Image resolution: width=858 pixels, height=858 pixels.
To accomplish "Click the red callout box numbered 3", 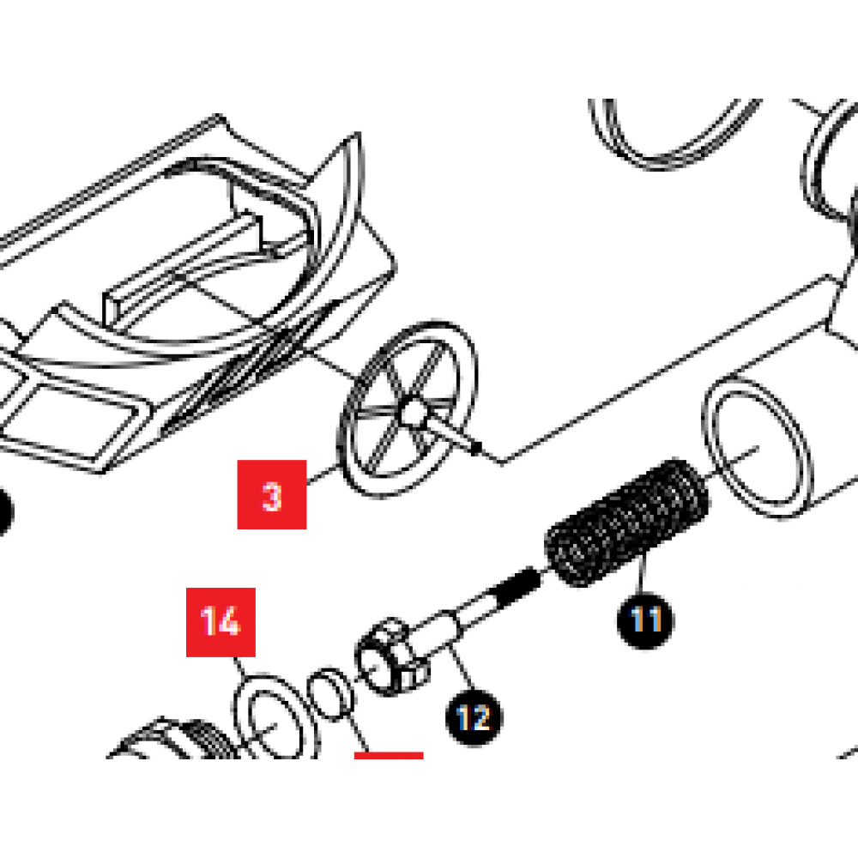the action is pos(271,495).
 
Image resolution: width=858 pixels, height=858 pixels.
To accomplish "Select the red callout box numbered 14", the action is pos(221,622).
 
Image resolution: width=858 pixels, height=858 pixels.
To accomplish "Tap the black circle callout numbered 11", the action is pos(646,620).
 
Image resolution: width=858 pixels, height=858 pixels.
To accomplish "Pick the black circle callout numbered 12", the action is pos(474,718).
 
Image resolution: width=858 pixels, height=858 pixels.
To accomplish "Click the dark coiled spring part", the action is pos(627,522).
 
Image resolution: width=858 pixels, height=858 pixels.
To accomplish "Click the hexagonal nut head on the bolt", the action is pos(392,656).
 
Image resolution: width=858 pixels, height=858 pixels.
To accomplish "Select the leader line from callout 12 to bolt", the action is pos(462,668).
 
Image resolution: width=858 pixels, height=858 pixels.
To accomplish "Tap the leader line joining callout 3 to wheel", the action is pos(323,475).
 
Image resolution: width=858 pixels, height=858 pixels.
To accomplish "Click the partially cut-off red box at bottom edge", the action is pos(389,756).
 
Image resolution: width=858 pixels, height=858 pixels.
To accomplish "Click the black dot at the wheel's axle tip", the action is pos(476,448).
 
